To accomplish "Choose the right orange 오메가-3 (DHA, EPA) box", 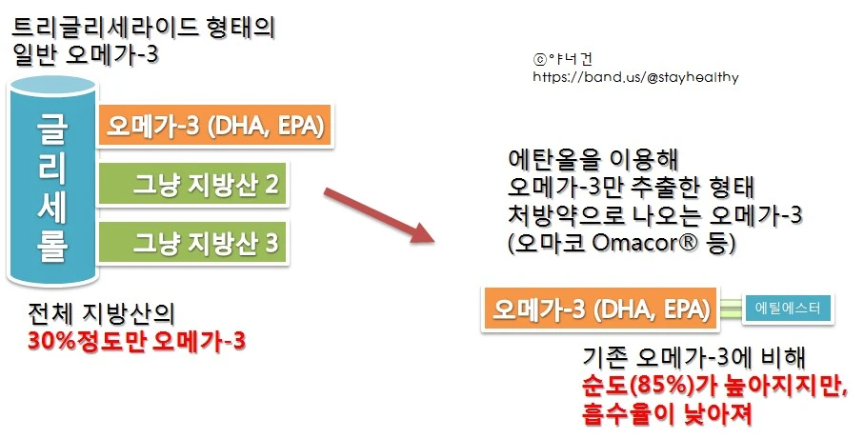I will point(601,309).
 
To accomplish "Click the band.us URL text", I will point(635,77).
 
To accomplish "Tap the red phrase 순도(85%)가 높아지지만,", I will point(713,388).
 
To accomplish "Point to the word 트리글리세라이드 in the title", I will point(91,27).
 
